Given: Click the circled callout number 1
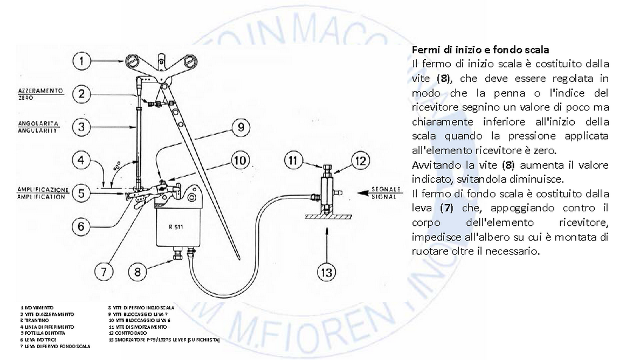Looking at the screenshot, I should pos(81,61).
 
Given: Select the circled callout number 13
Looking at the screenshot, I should pos(327,272).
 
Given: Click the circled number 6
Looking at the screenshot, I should pos(81,226).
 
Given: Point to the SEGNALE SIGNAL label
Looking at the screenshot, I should pos(386,193).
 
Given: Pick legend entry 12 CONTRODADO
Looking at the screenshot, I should pos(128,333).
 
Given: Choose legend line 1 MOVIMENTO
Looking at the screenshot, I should pos(37,307).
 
